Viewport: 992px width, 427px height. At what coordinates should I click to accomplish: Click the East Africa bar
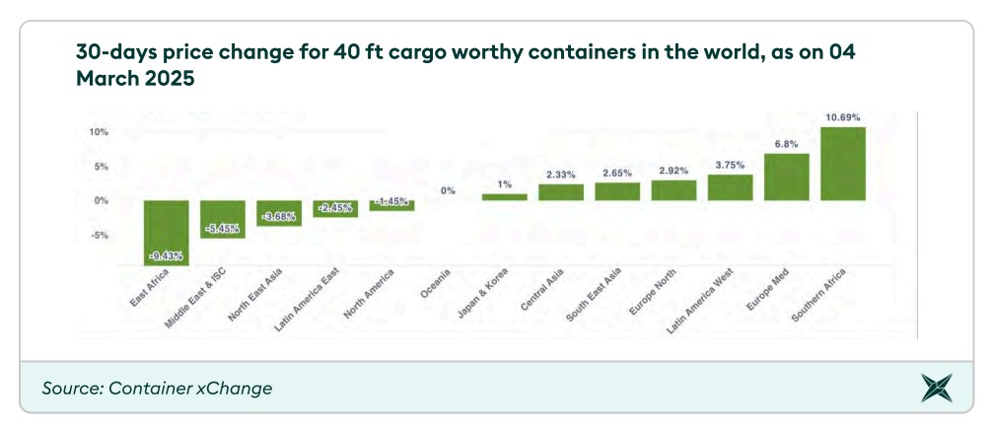(x=166, y=233)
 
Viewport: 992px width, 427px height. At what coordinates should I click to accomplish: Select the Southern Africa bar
(x=842, y=164)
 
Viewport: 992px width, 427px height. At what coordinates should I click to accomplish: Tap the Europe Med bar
(x=786, y=178)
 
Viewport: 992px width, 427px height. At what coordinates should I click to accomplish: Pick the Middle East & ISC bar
(x=222, y=219)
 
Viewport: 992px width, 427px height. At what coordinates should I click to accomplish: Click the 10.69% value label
(x=842, y=117)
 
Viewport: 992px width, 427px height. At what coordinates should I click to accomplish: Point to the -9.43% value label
(x=166, y=256)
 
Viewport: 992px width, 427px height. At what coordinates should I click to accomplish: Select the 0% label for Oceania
(x=448, y=191)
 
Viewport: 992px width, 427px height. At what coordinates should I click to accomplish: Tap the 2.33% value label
(x=560, y=175)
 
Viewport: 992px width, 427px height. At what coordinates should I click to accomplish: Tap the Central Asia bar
(x=560, y=192)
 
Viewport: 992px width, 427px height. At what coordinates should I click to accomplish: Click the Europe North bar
(x=673, y=190)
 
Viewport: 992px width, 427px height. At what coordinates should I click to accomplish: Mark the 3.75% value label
(x=730, y=165)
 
